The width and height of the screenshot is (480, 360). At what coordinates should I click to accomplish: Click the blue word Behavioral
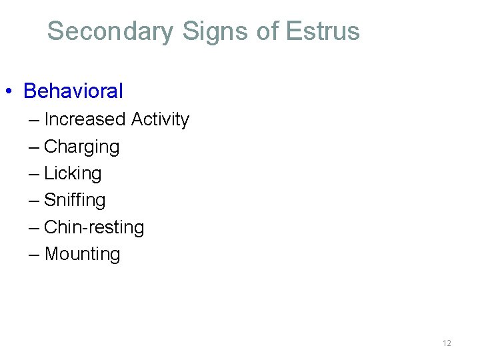pos(73,91)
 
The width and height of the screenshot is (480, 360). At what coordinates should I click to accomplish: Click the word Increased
pos(85,119)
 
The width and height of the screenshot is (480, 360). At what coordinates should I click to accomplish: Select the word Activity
pos(160,119)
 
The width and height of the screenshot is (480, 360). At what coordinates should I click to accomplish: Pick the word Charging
pos(81,147)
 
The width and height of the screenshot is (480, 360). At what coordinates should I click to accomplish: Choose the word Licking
pos(73,173)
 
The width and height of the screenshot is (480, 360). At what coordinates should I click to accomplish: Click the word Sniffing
pos(75,200)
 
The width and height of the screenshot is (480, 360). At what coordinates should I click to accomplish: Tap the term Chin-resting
pos(94,227)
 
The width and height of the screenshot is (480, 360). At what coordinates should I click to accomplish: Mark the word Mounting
pos(82,254)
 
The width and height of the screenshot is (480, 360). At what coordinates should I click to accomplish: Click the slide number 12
pos(447,343)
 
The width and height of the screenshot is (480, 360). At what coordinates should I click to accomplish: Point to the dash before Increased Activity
pos(34,121)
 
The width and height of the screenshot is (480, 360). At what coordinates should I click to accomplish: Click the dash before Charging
pos(34,147)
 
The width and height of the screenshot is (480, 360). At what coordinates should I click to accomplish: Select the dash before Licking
pos(34,174)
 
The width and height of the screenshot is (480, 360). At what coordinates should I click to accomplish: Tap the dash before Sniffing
pos(34,201)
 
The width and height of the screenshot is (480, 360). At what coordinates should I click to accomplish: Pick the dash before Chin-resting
pos(34,228)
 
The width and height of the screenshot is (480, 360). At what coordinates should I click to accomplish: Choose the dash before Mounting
pos(34,255)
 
